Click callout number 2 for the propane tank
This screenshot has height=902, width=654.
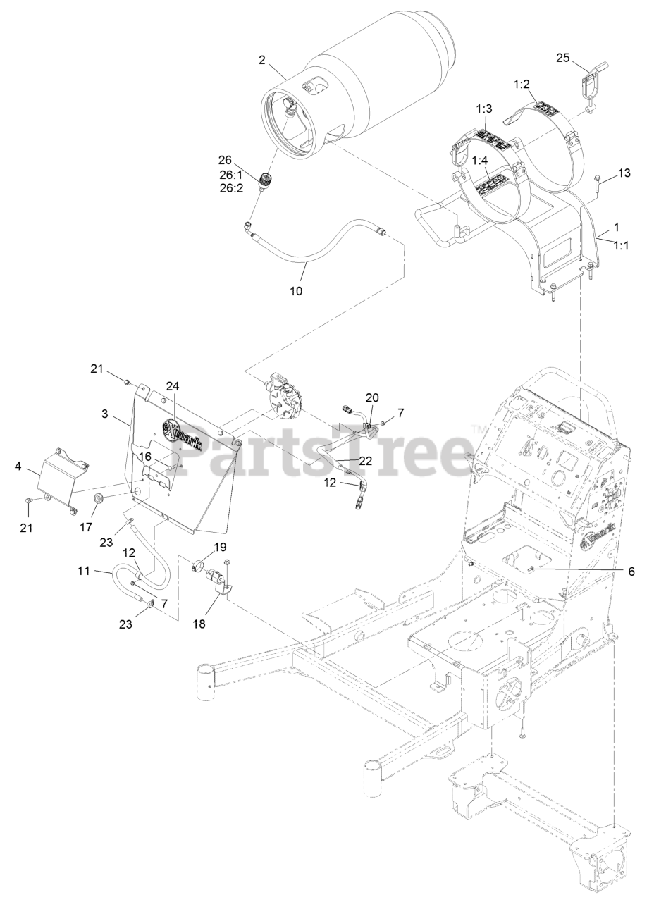(262, 60)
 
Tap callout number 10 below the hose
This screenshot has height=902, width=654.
(296, 290)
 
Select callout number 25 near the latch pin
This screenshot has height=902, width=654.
(562, 58)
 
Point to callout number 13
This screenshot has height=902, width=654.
(624, 173)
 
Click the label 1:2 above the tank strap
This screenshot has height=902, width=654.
(522, 84)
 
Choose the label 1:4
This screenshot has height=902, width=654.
(479, 161)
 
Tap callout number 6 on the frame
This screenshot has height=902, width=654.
(631, 572)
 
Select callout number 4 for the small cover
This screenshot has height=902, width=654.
(18, 466)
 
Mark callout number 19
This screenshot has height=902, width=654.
(220, 546)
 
